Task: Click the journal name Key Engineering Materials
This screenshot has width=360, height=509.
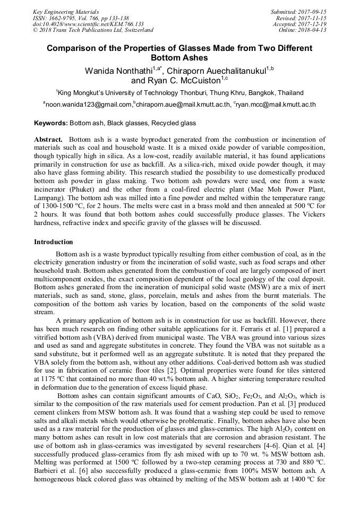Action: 65,11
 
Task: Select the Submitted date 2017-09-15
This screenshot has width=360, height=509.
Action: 313,11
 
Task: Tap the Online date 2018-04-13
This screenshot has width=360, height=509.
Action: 313,30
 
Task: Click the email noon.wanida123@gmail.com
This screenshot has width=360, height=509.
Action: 89,105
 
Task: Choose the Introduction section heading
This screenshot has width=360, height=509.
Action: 54,242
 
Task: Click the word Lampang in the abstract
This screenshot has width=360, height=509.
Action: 50,197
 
